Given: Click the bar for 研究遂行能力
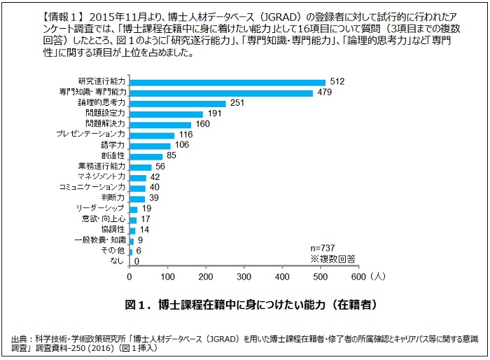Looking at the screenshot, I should pyautogui.click(x=227, y=82).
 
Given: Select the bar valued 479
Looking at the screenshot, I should pyautogui.click(x=221, y=92).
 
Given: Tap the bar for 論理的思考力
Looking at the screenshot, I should pyautogui.click(x=178, y=103).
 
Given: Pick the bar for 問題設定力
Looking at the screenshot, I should pyautogui.click(x=166, y=113).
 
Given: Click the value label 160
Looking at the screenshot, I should pyautogui.click(x=203, y=125).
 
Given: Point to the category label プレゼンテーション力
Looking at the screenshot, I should pyautogui.click(x=90, y=135).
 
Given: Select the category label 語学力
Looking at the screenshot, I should pyautogui.click(x=113, y=146).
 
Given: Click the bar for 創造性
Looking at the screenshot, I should pyautogui.click(x=146, y=156).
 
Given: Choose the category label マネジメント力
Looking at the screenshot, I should pyautogui.click(x=101, y=177).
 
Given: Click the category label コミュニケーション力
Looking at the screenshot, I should pyautogui.click(x=92, y=188).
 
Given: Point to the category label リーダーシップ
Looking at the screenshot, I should pyautogui.click(x=101, y=209).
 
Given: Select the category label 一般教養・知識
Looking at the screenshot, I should pyautogui.click(x=99, y=240).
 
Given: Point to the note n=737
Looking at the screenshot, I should pyautogui.click(x=325, y=249).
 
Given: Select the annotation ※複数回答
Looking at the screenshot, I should pyautogui.click(x=332, y=258).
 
